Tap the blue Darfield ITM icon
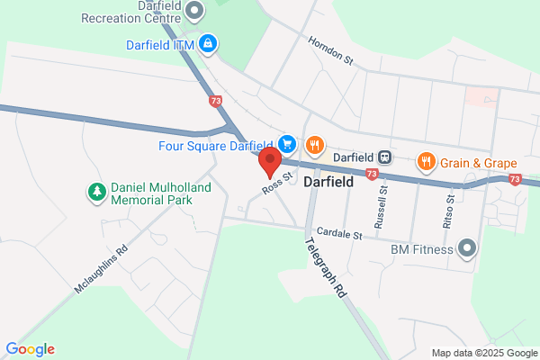click(x=208, y=41)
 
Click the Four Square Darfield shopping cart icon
click(x=287, y=144)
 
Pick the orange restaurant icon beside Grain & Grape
click(x=427, y=163)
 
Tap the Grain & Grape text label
click(x=478, y=163)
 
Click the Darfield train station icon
click(x=384, y=157)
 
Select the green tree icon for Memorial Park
click(x=96, y=192)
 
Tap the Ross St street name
click(x=278, y=183)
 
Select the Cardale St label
click(x=338, y=235)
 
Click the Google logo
click(x=30, y=349)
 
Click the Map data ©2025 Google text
click(x=482, y=352)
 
